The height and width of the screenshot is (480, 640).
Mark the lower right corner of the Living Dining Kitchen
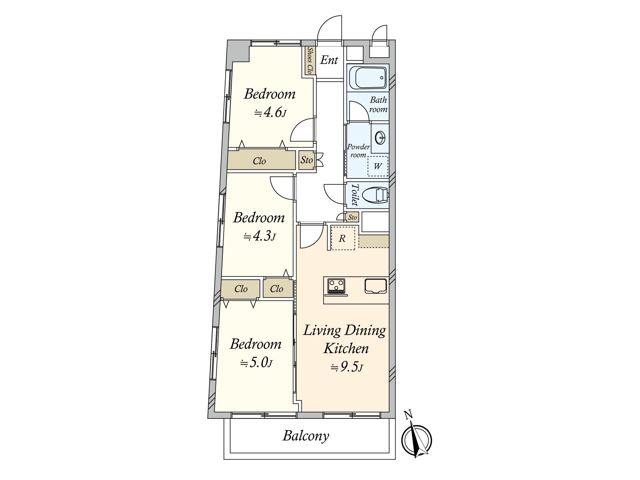tap(389, 412)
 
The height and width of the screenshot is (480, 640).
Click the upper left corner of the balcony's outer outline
tap(224, 419)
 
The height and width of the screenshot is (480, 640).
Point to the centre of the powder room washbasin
tap(380, 137)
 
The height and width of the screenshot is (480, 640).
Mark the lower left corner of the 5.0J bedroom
tap(214, 412)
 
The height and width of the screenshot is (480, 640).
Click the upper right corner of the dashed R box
tap(355, 226)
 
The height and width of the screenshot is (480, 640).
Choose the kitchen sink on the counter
tap(376, 286)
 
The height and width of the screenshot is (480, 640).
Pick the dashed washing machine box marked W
tap(378, 166)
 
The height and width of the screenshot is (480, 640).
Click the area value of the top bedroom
tap(270, 112)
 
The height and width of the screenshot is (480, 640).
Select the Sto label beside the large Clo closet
tap(306, 160)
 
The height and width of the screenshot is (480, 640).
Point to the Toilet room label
tap(354, 195)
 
